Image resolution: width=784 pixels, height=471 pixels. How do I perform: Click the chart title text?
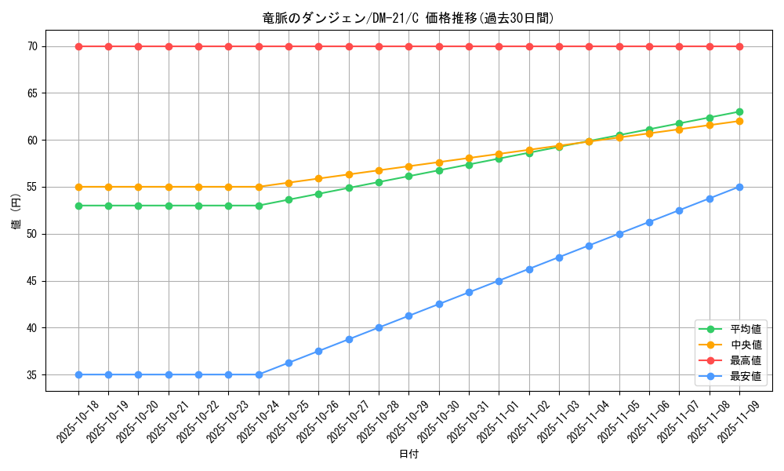click(x=408, y=18)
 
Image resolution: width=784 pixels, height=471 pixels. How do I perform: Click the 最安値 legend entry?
click(x=745, y=376)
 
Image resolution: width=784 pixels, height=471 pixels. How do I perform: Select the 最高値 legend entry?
click(x=745, y=360)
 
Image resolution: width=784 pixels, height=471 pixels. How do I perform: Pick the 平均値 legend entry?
click(x=745, y=329)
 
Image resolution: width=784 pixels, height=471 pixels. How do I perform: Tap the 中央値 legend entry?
click(x=745, y=345)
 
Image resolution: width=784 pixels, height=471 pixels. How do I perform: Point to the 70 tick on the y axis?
click(x=32, y=47)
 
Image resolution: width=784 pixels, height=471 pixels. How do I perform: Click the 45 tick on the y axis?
click(x=32, y=281)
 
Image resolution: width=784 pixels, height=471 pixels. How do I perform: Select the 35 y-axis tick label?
click(x=32, y=375)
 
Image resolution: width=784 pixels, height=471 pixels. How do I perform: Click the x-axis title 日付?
click(x=408, y=455)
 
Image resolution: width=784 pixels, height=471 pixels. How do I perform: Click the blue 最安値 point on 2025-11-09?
click(x=739, y=187)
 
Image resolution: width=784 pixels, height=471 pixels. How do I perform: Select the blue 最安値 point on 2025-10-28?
click(x=379, y=327)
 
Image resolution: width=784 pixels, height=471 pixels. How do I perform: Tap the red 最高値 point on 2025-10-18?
click(x=78, y=46)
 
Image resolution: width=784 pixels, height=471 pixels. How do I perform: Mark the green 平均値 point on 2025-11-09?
click(x=739, y=111)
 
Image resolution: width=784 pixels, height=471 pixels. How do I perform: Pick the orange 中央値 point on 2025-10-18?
click(x=78, y=187)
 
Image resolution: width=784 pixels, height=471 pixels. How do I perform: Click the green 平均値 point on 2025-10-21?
click(x=169, y=206)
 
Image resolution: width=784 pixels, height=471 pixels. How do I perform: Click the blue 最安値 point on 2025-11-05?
click(x=619, y=234)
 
